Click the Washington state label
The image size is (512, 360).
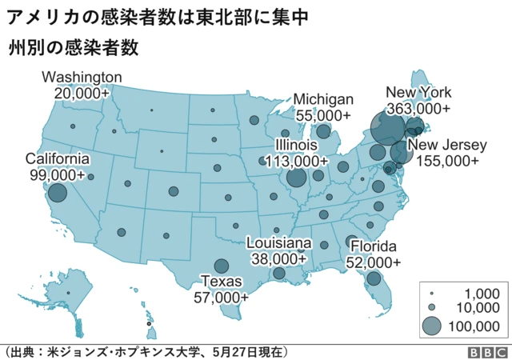[82, 78]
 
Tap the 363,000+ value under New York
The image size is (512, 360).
[418, 108]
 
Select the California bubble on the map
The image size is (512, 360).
[57, 193]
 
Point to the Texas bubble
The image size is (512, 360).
[221, 266]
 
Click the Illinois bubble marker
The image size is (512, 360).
[296, 178]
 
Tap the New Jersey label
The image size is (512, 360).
[446, 145]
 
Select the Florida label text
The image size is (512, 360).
[374, 246]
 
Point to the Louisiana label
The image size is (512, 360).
[278, 243]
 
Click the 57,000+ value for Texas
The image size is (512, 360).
[221, 297]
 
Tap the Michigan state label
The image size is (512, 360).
[323, 99]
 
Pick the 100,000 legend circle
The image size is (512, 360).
[431, 325]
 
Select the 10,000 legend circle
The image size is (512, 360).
[431, 307]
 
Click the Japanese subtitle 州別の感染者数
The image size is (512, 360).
[74, 47]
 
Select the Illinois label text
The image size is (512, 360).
[296, 145]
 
